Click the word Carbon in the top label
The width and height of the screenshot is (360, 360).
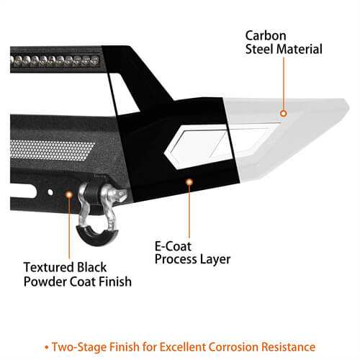click(x=266, y=36)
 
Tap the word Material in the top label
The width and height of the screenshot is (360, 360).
click(x=300, y=49)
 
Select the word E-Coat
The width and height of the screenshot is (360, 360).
click(x=173, y=246)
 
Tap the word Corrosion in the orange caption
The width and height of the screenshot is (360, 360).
click(x=233, y=347)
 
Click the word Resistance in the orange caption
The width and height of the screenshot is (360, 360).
click(x=288, y=347)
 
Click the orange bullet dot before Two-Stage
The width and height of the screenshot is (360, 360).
click(x=47, y=347)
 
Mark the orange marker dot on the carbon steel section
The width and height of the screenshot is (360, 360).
click(x=284, y=113)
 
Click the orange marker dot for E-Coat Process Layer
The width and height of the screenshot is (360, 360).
click(x=189, y=182)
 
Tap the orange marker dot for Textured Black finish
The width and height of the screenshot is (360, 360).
click(x=69, y=194)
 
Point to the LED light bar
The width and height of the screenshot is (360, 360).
click(x=55, y=60)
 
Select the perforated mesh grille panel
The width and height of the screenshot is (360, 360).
click(x=51, y=150)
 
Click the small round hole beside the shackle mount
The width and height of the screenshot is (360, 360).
click(x=50, y=192)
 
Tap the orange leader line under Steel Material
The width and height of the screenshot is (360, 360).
click(x=284, y=84)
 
